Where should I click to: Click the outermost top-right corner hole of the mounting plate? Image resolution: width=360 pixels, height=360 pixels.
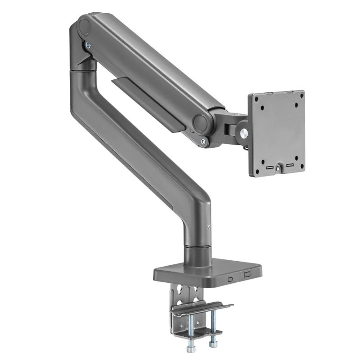[x=302, y=95]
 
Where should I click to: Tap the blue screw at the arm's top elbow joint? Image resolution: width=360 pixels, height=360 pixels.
[x=88, y=45]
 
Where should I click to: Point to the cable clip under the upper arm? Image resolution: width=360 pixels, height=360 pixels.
[x=148, y=103]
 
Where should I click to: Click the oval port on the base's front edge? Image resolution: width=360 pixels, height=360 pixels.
[x=230, y=279]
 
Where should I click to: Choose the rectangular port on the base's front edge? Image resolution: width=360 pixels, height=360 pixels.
[x=247, y=275]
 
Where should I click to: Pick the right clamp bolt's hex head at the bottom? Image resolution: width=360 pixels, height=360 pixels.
[x=213, y=345]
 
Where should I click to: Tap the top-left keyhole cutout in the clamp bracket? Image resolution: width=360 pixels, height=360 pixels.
[x=179, y=290]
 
